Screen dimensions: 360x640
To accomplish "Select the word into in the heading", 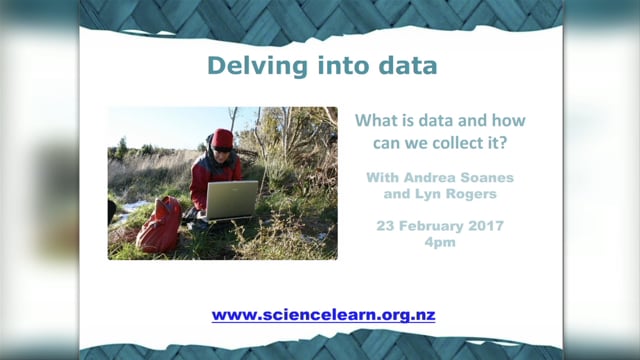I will pyautogui.click(x=335, y=67).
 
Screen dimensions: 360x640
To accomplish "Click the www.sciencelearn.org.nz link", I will pyautogui.click(x=323, y=315).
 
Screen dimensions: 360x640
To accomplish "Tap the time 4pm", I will pyautogui.click(x=440, y=242).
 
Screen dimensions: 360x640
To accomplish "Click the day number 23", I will pyautogui.click(x=386, y=226).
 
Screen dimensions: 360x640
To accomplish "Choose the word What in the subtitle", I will pyautogui.click(x=378, y=120).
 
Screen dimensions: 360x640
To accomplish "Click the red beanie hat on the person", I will pyautogui.click(x=222, y=138).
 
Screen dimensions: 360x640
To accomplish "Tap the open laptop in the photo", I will pyautogui.click(x=232, y=199).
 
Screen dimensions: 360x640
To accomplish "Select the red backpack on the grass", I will pyautogui.click(x=160, y=225).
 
